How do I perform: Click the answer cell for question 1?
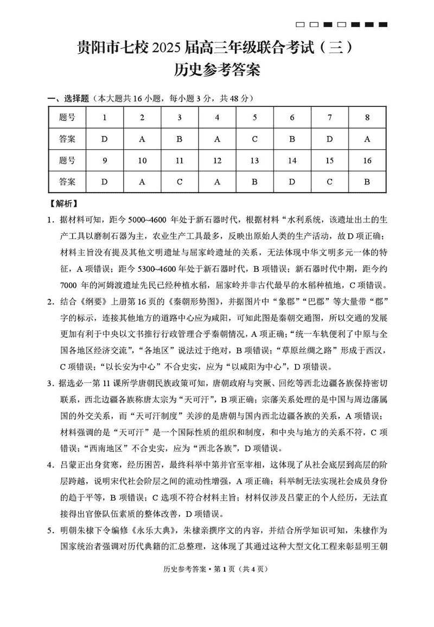(105, 139)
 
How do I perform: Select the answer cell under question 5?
(254, 139)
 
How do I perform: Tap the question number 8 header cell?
(367, 117)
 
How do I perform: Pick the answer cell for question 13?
(254, 182)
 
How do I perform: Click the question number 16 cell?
(367, 161)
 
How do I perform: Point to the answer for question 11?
(180, 182)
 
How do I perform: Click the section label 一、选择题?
(68, 99)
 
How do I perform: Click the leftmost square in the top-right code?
(300, 24)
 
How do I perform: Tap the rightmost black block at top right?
(383, 24)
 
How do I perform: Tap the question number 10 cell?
(142, 161)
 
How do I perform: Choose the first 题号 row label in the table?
(67, 117)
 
